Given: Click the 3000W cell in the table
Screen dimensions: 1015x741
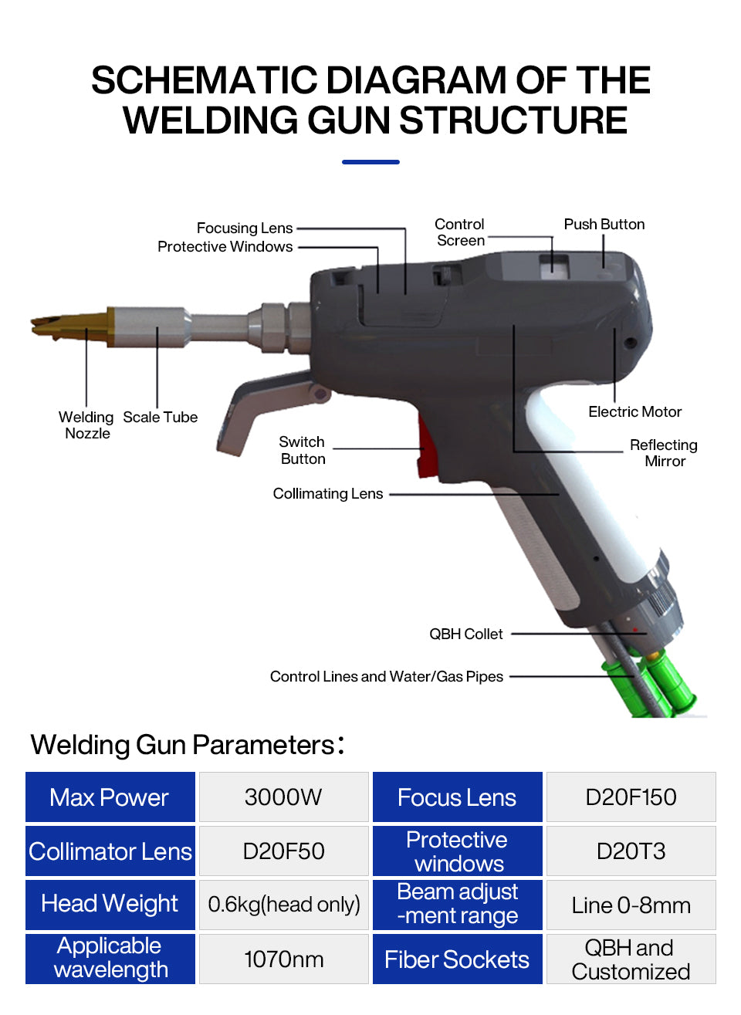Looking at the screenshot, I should [x=283, y=797].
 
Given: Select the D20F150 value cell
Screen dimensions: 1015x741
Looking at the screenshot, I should [x=631, y=797].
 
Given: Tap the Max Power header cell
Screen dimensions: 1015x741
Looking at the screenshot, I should [x=110, y=797].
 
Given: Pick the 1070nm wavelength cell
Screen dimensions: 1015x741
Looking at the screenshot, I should [x=283, y=959].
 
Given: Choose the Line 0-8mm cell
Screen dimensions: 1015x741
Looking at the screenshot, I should [x=631, y=905].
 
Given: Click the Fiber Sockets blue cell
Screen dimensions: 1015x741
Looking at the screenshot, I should [x=457, y=959].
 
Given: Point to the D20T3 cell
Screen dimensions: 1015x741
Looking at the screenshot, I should [x=631, y=851].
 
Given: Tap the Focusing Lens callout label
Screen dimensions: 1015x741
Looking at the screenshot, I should [x=245, y=228].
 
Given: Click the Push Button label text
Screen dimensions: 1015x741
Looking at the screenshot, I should [x=604, y=224].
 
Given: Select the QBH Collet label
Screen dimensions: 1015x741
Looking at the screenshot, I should [x=466, y=634].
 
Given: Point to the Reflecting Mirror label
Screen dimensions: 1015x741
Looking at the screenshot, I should [x=664, y=453].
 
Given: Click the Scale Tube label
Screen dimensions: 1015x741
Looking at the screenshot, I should [x=161, y=417].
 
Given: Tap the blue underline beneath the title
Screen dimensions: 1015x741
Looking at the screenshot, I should [x=370, y=162].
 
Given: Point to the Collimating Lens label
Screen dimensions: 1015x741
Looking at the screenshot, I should [x=328, y=493].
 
